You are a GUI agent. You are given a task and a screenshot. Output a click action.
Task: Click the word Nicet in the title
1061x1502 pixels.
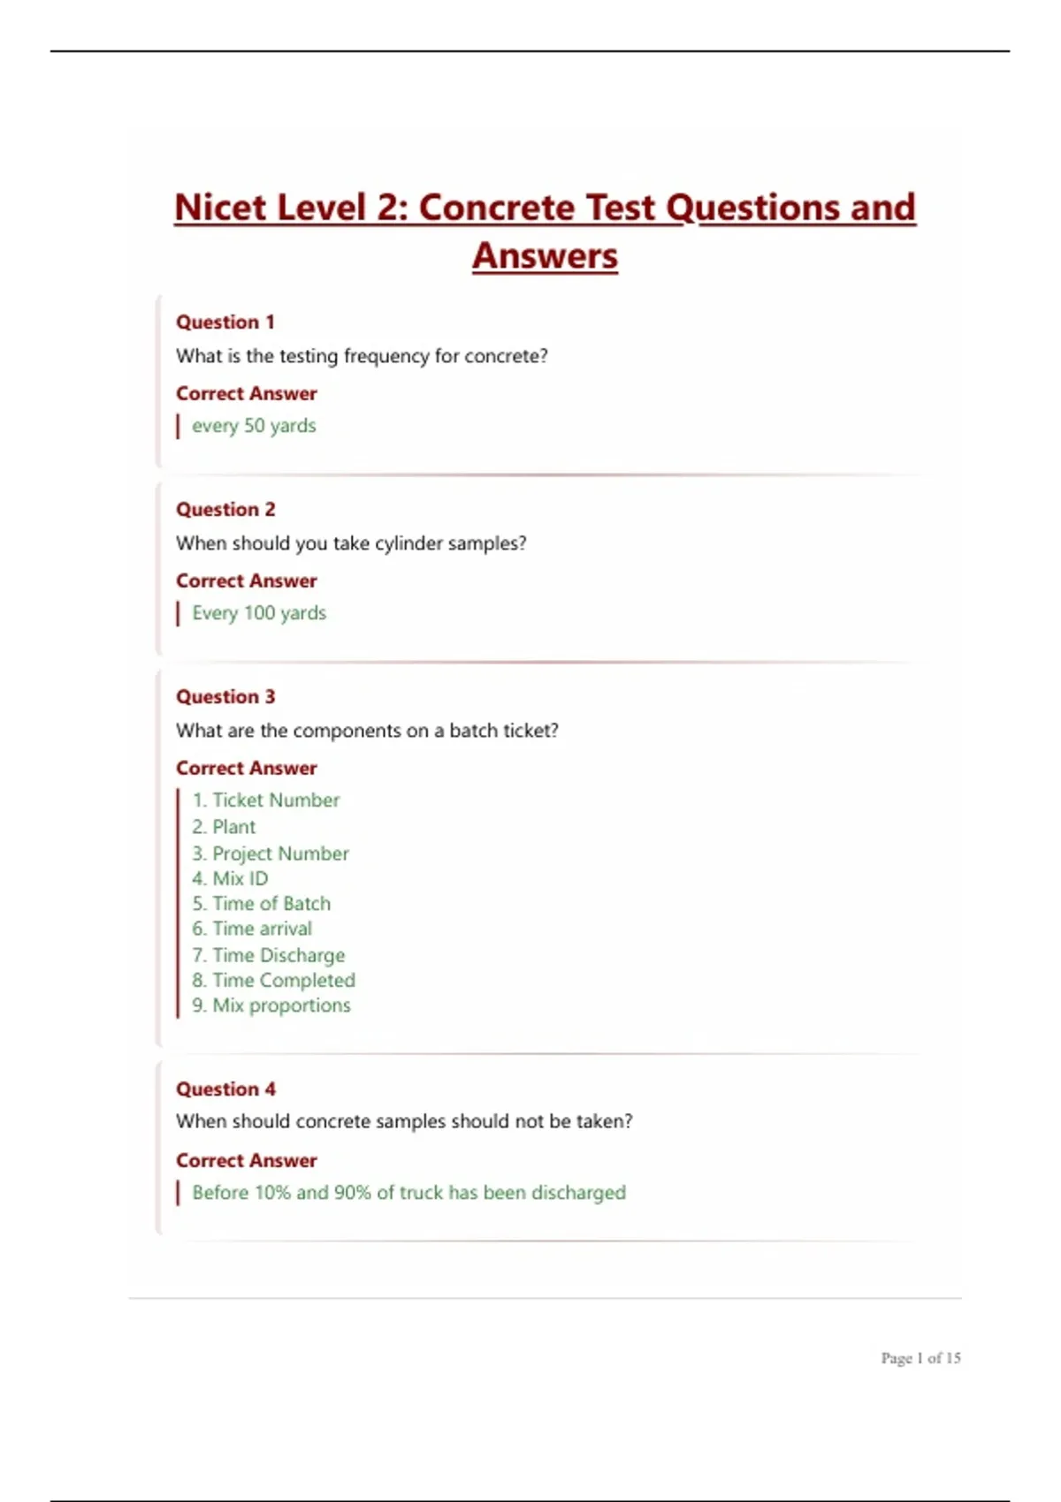pyautogui.click(x=219, y=209)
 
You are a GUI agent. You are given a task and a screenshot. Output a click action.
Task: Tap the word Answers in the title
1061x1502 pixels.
pyautogui.click(x=545, y=256)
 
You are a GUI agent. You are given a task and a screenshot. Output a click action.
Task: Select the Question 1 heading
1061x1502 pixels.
pyautogui.click(x=225, y=322)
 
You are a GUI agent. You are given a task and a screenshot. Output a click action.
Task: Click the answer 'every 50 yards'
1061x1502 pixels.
pyautogui.click(x=254, y=426)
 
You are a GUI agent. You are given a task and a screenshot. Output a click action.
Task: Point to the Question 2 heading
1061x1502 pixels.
pyautogui.click(x=225, y=510)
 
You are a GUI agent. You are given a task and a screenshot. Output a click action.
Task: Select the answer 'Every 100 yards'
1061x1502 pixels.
pyautogui.click(x=259, y=613)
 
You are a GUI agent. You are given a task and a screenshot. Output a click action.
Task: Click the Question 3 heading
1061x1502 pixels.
pyautogui.click(x=225, y=697)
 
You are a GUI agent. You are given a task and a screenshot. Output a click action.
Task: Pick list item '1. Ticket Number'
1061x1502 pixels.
pyautogui.click(x=266, y=800)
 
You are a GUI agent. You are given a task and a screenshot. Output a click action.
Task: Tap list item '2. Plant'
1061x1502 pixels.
pyautogui.click(x=224, y=827)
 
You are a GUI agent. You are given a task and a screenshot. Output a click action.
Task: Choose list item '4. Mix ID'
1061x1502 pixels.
pyautogui.click(x=230, y=879)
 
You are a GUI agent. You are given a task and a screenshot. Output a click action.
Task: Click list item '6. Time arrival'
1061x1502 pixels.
pyautogui.click(x=252, y=929)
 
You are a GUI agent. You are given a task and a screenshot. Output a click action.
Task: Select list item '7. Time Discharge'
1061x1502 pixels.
pyautogui.click(x=269, y=955)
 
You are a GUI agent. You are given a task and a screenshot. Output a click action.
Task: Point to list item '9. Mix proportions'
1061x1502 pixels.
pyautogui.click(x=271, y=1005)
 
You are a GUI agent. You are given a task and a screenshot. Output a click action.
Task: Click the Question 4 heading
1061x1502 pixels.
pyautogui.click(x=225, y=1089)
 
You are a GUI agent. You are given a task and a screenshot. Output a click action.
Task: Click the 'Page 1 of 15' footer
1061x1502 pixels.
pyautogui.click(x=920, y=1358)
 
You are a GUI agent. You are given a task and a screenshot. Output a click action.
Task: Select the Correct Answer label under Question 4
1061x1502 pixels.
pyautogui.click(x=247, y=1161)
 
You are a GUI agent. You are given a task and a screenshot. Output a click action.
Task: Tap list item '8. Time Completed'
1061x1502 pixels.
pyautogui.click(x=274, y=981)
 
